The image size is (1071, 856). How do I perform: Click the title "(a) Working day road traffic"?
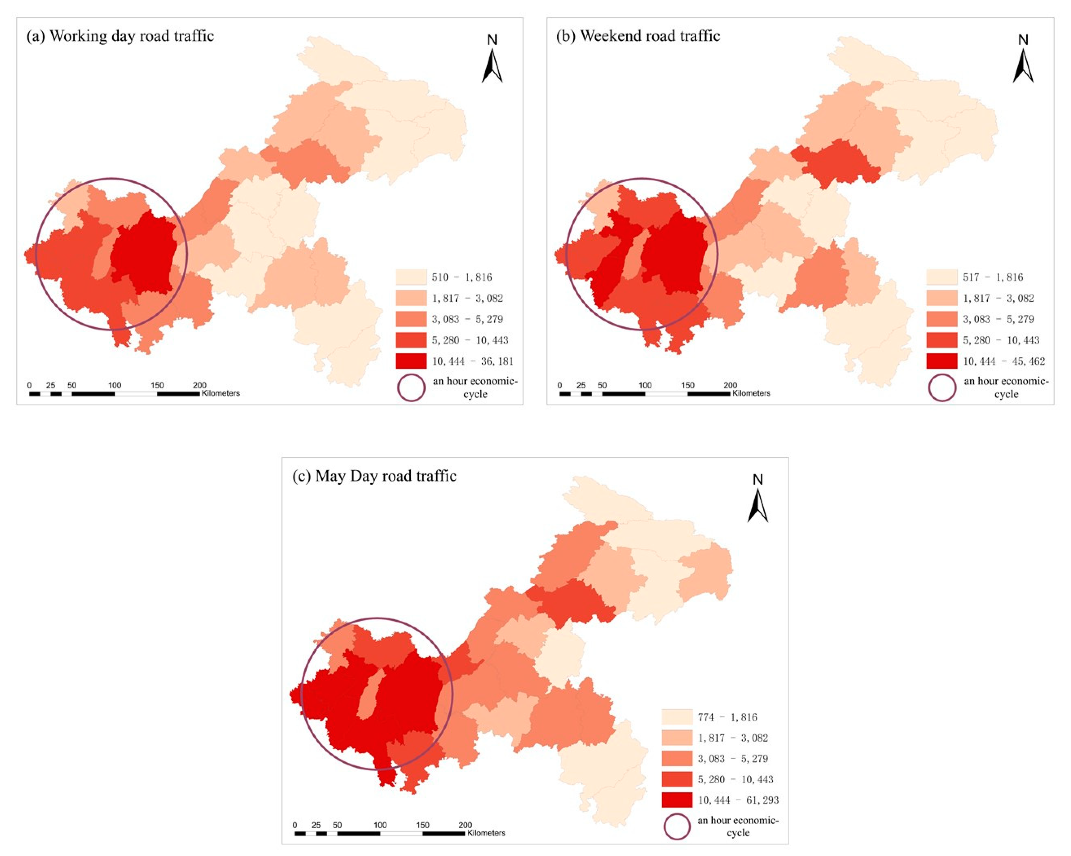[x=120, y=36]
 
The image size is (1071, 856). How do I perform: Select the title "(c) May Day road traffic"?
[x=374, y=476]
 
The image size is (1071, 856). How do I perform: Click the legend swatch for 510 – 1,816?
[x=411, y=277]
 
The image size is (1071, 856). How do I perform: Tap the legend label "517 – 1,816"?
[x=992, y=277]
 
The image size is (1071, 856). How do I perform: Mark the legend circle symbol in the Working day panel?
[x=411, y=388]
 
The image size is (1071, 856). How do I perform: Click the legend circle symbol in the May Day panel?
[x=677, y=827]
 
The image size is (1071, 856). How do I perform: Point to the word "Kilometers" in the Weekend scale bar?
[x=751, y=393]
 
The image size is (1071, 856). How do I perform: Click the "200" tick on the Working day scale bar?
[x=200, y=385]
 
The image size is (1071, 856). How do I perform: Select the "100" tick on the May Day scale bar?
[x=380, y=825]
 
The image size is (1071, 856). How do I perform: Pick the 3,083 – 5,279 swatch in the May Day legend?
[x=676, y=759]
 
